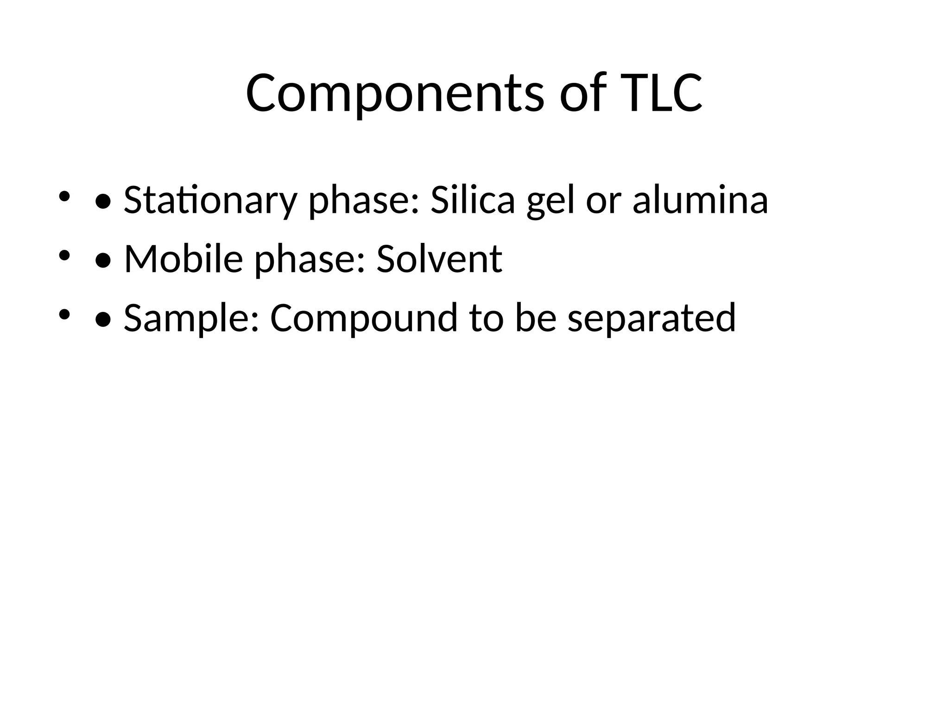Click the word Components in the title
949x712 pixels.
click(x=394, y=94)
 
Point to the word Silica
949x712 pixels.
click(x=473, y=200)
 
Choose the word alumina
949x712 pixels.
click(x=700, y=200)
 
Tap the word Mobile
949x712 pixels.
click(x=183, y=259)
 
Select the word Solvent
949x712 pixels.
click(x=439, y=259)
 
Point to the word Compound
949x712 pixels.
click(x=364, y=318)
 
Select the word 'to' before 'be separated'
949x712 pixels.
click(x=486, y=318)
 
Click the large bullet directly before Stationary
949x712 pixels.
click(x=102, y=202)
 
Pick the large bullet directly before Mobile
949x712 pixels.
click(x=102, y=261)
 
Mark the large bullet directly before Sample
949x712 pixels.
click(x=102, y=319)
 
